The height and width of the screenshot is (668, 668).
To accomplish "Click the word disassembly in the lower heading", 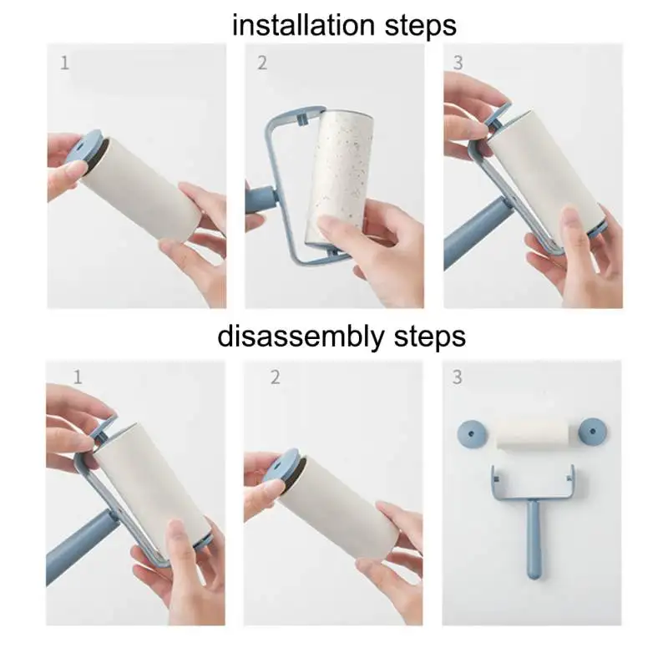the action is click(x=301, y=337).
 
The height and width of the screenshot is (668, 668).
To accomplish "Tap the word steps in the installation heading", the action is click(x=421, y=27).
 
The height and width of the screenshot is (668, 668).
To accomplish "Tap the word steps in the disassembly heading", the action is click(x=429, y=338).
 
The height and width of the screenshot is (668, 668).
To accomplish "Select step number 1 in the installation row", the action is click(x=65, y=63).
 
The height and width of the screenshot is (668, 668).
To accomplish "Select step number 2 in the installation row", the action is click(x=262, y=63).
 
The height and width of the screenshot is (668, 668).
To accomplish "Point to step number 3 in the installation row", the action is click(x=458, y=63).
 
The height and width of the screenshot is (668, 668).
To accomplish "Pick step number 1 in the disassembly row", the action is click(x=78, y=377).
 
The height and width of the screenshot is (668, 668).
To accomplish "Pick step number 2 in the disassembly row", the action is click(x=276, y=377).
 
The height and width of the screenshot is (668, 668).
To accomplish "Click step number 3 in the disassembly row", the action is click(x=457, y=377).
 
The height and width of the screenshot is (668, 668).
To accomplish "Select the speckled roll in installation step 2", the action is click(x=340, y=179).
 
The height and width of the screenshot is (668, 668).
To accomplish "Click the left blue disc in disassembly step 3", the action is click(x=472, y=434).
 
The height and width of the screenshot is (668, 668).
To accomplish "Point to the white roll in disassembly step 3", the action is click(x=533, y=433).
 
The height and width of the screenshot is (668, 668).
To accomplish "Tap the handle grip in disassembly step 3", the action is click(x=534, y=539).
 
